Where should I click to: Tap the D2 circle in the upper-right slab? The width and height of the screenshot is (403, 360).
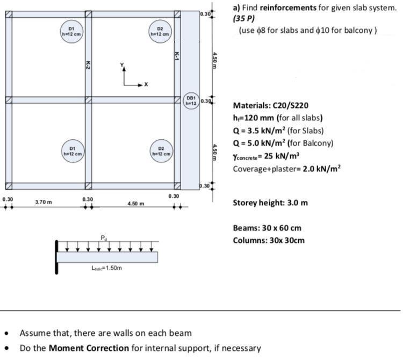tap(160, 31)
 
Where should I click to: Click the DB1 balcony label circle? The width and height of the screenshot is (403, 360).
tap(191, 100)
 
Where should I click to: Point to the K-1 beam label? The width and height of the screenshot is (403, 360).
tap(177, 55)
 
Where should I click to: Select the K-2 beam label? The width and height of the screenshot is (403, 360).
tap(88, 64)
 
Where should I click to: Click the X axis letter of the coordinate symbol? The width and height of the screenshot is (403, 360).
tap(146, 84)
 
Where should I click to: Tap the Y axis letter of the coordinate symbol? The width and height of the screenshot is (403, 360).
tap(122, 66)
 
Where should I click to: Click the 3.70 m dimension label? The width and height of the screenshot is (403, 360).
tap(44, 202)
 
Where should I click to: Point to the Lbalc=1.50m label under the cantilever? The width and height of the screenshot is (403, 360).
tap(107, 268)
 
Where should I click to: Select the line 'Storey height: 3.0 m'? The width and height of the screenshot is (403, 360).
tap(270, 203)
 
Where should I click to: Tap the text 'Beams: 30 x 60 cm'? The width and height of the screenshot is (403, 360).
tap(267, 228)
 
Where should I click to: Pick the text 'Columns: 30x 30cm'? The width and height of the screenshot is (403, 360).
tap(269, 240)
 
